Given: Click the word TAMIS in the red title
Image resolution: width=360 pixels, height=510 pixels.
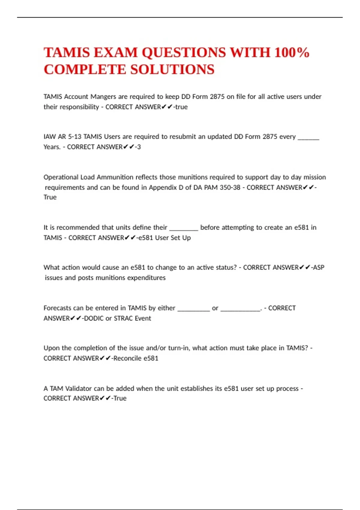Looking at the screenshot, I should [x=67, y=53].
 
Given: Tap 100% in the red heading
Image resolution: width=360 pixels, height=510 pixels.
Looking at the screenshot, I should [x=292, y=53].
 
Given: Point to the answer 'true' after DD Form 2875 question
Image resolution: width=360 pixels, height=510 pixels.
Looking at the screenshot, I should [x=181, y=107].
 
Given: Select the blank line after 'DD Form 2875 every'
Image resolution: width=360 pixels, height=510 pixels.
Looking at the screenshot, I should [x=308, y=138].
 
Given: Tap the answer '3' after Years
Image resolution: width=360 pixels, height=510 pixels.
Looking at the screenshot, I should [x=139, y=147].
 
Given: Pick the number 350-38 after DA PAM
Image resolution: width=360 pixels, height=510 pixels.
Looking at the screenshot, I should [x=230, y=187].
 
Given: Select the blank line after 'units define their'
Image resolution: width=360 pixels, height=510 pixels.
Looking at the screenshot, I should [x=184, y=228].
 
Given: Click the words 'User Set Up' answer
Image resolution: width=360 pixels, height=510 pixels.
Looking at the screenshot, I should [x=173, y=238].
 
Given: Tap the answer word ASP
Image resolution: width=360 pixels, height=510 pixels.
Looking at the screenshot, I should [x=319, y=267].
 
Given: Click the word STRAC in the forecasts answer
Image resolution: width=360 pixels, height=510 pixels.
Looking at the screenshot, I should [x=123, y=318].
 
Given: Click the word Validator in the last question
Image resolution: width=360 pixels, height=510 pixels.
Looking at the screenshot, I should [x=78, y=388].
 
